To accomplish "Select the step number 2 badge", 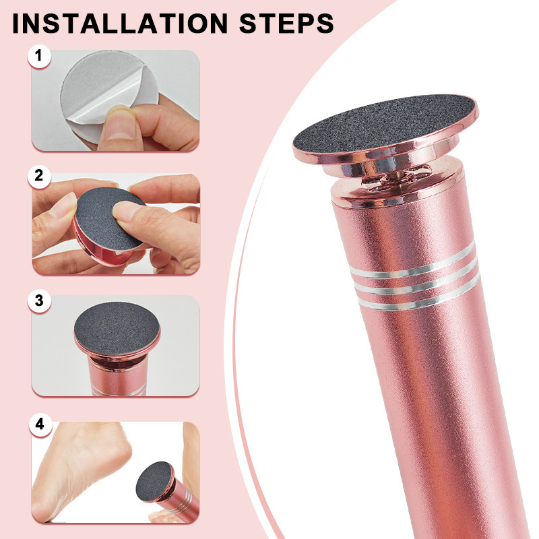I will tap(40, 177).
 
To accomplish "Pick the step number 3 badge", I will tap(40, 300).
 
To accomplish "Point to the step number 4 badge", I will tap(40, 424).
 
